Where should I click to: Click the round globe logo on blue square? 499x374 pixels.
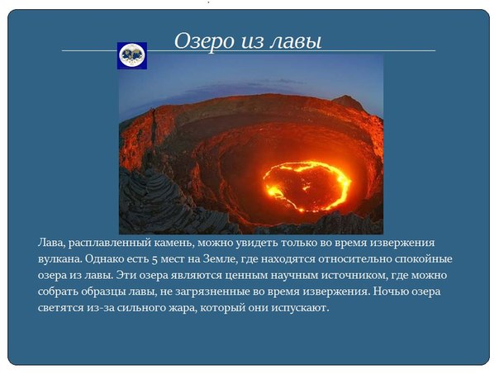point(132,55)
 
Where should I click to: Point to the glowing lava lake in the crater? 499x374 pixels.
point(307,187)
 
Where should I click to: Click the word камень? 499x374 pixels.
point(174,243)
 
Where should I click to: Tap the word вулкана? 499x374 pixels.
point(59,259)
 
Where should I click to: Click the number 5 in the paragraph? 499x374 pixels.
point(154,260)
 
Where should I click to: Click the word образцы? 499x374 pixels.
point(106,291)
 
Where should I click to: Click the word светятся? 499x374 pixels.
point(59,308)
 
